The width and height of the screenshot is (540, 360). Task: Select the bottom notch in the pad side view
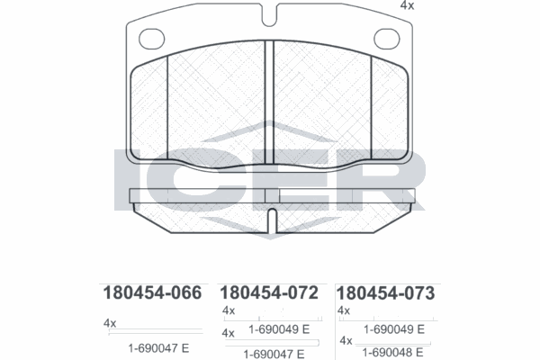[270, 220]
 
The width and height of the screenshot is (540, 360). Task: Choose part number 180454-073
[385, 293]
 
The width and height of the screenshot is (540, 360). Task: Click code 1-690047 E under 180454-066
[157, 347]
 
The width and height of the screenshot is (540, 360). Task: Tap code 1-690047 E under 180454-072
[274, 354]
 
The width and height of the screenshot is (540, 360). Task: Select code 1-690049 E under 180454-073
[393, 329]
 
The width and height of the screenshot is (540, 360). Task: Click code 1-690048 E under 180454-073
[393, 354]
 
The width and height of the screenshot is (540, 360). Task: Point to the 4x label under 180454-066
[110, 322]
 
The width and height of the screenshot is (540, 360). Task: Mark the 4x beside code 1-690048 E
[346, 341]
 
